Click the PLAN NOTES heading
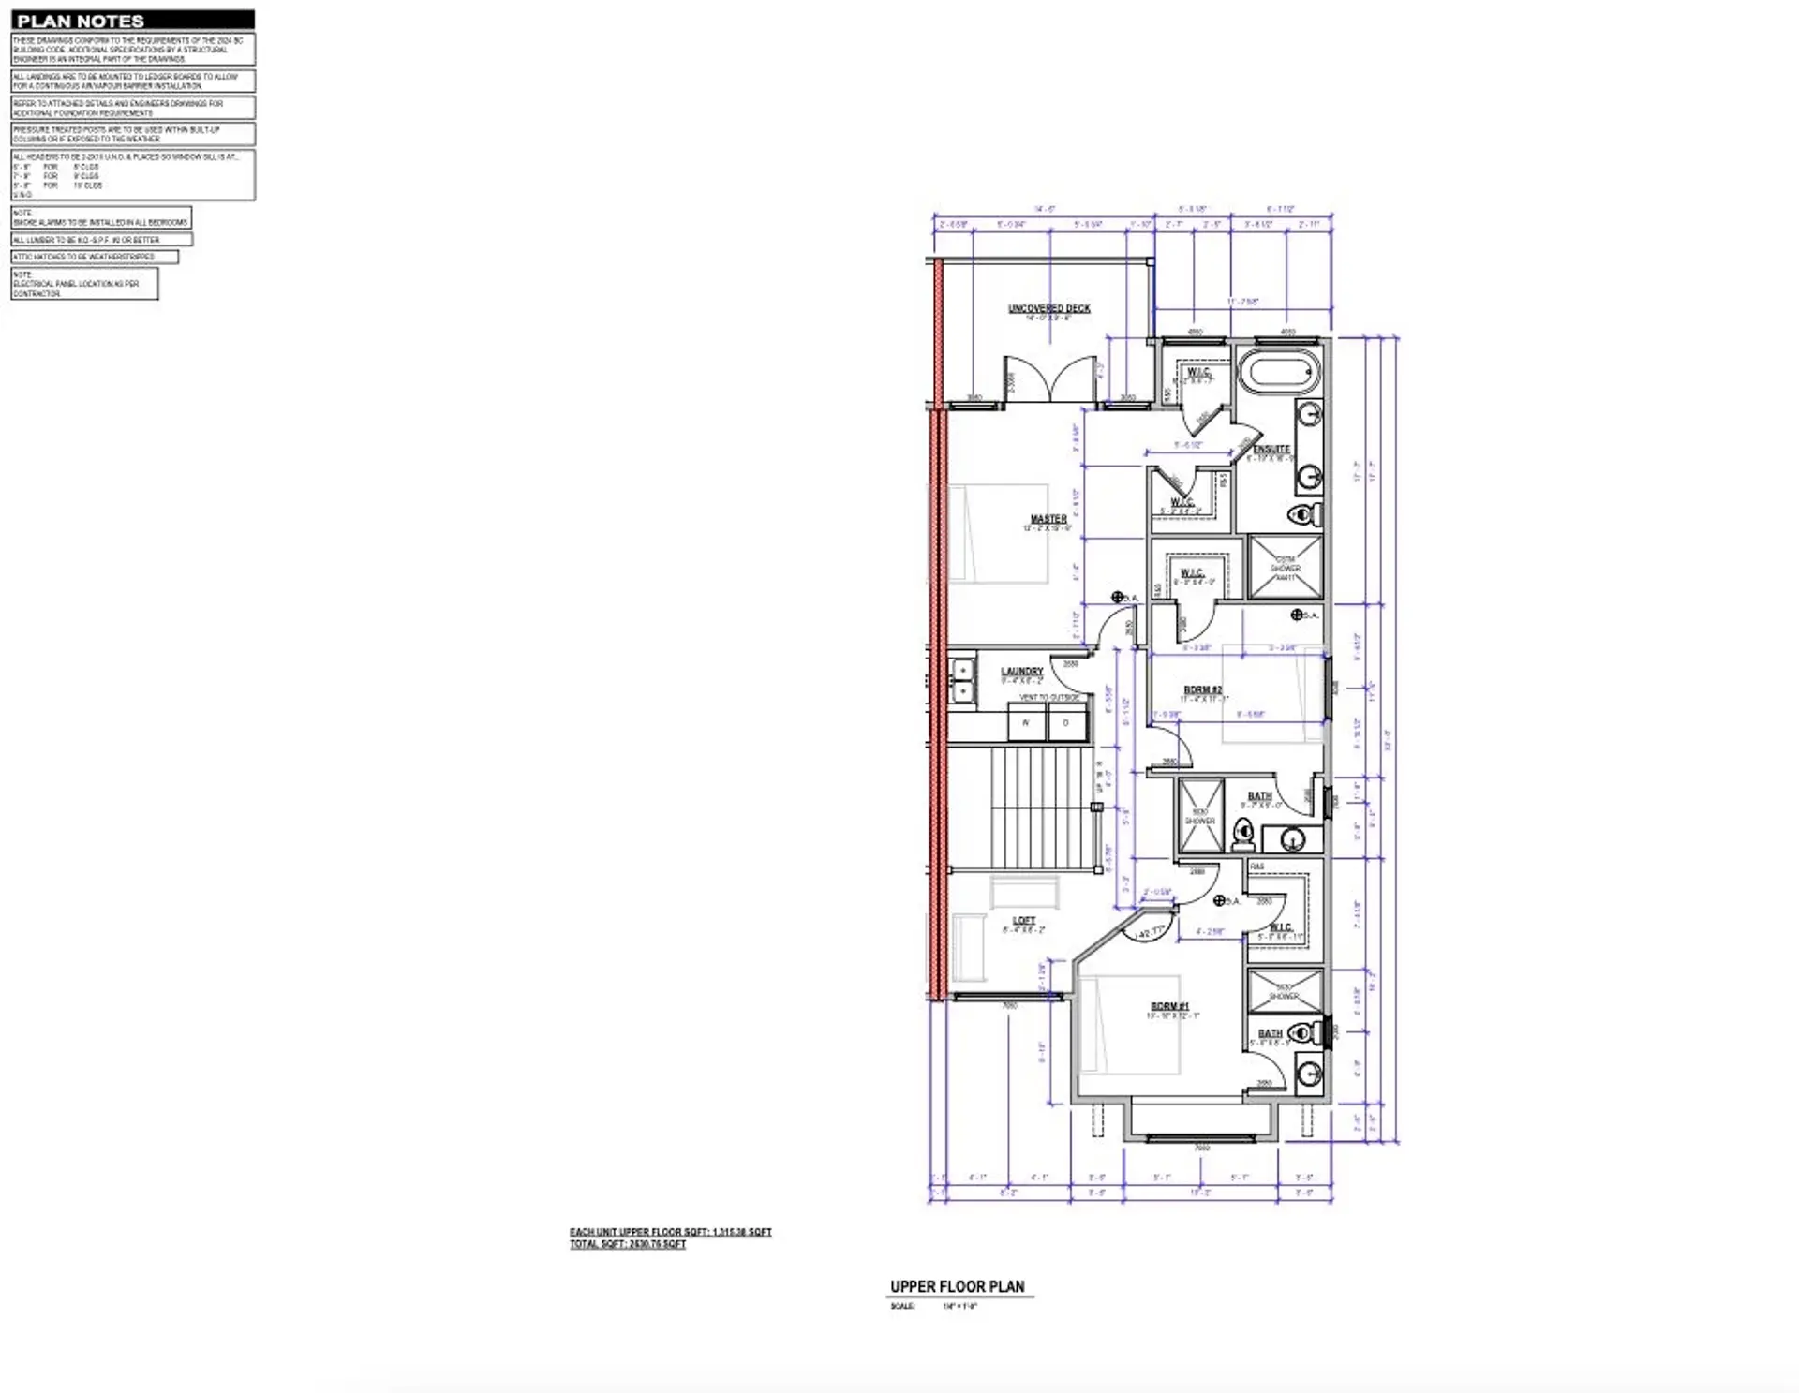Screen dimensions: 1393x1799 tap(82, 21)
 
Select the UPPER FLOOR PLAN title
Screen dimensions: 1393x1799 tap(957, 1286)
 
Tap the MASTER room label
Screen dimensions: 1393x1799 tap(1048, 519)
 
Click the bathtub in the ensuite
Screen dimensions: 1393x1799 tap(1279, 373)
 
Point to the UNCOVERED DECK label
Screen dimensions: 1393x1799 tap(1048, 308)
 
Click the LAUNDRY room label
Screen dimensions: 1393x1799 tap(1021, 672)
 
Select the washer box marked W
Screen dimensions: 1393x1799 tap(1026, 723)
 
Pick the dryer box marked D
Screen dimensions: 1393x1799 tap(1066, 723)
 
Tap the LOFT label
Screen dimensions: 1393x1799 tap(1023, 921)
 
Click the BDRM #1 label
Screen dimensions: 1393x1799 tap(1169, 1007)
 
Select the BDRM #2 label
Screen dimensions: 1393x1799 tap(1202, 690)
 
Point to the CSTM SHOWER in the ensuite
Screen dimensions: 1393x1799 tap(1286, 566)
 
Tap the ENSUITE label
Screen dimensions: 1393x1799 tap(1271, 450)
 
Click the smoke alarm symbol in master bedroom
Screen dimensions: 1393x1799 tap(1118, 597)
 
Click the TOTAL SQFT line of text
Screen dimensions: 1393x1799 tap(628, 1244)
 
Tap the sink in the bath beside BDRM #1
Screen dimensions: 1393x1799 tap(1308, 1073)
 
